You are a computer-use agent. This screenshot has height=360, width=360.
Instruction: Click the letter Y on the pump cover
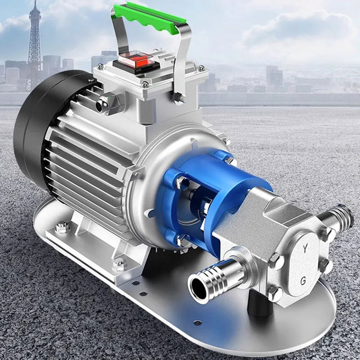pos(305,248)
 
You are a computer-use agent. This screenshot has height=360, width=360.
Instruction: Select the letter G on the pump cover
pos(303,281)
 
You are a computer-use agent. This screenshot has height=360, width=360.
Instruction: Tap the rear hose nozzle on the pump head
pos(337,218)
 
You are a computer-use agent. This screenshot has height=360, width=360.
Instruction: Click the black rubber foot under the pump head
pos(260,303)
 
